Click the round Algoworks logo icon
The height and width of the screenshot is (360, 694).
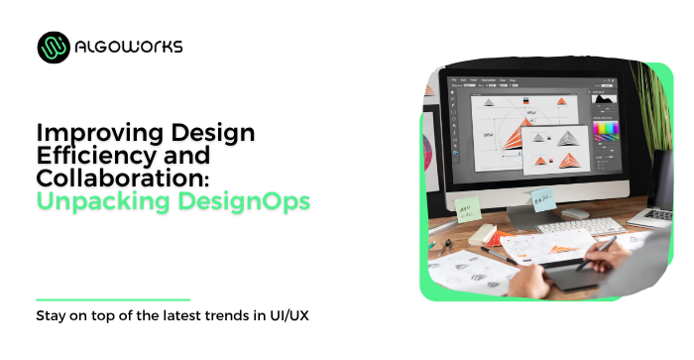click(x=54, y=47)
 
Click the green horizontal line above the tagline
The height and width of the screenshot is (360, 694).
click(x=112, y=299)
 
